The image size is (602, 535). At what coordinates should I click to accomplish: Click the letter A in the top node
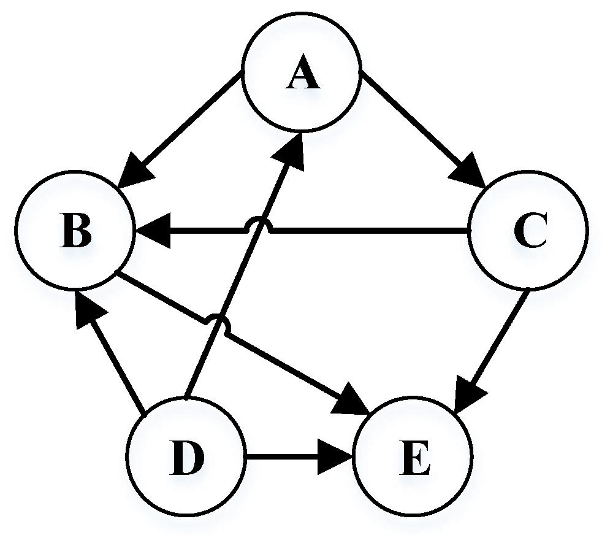tap(302, 77)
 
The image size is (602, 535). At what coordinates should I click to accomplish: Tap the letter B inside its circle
tap(75, 233)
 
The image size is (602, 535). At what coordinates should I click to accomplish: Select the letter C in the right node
tap(530, 233)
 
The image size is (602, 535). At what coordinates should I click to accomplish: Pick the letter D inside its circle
tap(187, 458)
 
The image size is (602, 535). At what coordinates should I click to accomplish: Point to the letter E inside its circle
tap(414, 458)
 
